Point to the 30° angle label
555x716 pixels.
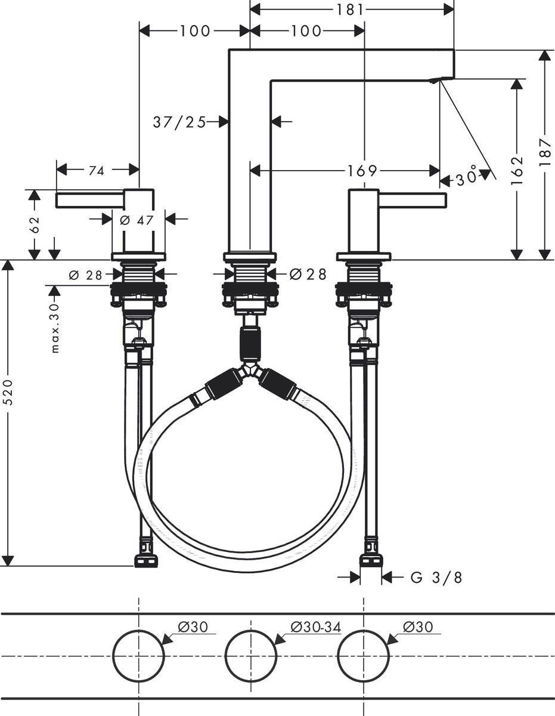pyautogui.click(x=467, y=178)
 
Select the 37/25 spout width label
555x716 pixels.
pyautogui.click(x=179, y=122)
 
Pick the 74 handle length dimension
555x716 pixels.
pyautogui.click(x=96, y=171)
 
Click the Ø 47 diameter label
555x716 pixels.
pyautogui.click(x=137, y=220)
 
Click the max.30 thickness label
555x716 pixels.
pyautogui.click(x=55, y=328)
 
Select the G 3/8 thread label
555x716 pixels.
pyautogui.click(x=436, y=577)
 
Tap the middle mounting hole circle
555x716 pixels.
pyautogui.click(x=250, y=655)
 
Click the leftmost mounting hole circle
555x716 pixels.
pyautogui.click(x=138, y=655)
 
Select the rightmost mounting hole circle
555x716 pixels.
pyautogui.click(x=363, y=655)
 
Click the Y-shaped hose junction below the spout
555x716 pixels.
pyautogui.click(x=250, y=371)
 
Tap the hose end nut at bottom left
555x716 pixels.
pyautogui.click(x=145, y=561)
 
